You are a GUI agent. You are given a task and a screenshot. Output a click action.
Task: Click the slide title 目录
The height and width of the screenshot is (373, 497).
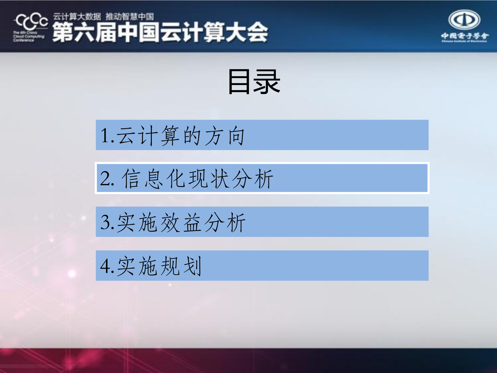coord(254,82)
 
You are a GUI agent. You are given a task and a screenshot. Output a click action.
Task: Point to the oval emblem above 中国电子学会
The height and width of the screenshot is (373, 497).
coord(464,19)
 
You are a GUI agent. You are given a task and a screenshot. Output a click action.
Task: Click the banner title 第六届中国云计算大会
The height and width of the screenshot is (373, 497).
coord(160,32)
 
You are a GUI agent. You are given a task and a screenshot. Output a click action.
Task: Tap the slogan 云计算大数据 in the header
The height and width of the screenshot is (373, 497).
coord(77,17)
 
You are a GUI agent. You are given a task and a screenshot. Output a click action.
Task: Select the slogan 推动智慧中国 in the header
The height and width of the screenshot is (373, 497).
coord(129,17)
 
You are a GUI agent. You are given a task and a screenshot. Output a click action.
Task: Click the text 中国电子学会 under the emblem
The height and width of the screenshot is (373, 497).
coord(465,36)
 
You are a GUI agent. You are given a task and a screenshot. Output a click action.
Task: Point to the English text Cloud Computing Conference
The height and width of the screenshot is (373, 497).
coord(28,37)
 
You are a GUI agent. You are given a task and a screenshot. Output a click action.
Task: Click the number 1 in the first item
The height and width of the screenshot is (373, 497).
coord(105,135)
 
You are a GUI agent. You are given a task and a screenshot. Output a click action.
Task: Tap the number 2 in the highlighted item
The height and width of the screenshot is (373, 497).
coord(105,179)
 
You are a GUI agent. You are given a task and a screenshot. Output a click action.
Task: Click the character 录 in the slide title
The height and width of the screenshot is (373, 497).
coord(267,82)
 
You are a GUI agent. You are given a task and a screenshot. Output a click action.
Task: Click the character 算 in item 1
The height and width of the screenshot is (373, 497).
coord(170,135)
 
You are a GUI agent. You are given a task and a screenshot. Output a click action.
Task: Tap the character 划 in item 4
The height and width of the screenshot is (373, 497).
coord(192,266)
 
